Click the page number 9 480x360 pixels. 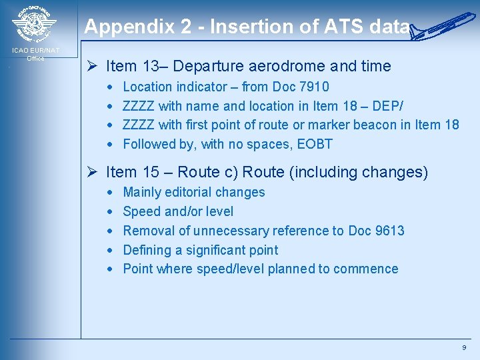click(x=464, y=348)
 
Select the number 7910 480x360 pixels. click(x=314, y=87)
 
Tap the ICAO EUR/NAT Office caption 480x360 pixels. click(x=35, y=54)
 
